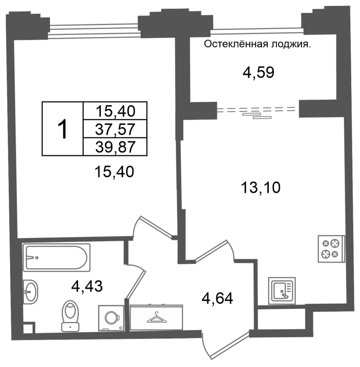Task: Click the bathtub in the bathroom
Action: [x=56, y=257]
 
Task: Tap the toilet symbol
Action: [x=70, y=316]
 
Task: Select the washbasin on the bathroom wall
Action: [x=30, y=292]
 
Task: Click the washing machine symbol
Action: [x=111, y=318]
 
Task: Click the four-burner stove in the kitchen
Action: [x=332, y=249]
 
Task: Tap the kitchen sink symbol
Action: [x=282, y=291]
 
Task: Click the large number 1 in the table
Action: [x=62, y=129]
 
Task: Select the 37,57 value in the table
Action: [x=115, y=129]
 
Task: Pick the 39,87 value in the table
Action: [x=115, y=147]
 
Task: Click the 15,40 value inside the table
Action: [x=115, y=111]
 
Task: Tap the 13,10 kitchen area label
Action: [x=260, y=188]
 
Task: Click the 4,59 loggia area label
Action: [x=258, y=72]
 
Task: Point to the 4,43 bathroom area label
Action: [x=87, y=286]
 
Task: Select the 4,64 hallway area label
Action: [x=217, y=299]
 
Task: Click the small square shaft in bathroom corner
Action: [x=29, y=328]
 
